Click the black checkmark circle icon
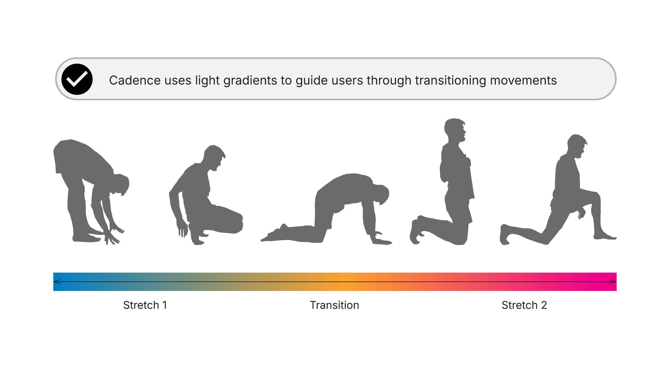77,79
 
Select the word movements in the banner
523,81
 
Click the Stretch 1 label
145,305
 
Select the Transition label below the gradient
335,305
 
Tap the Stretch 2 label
524,305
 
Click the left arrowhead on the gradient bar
57,282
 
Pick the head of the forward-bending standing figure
120,185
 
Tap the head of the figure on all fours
381,194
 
